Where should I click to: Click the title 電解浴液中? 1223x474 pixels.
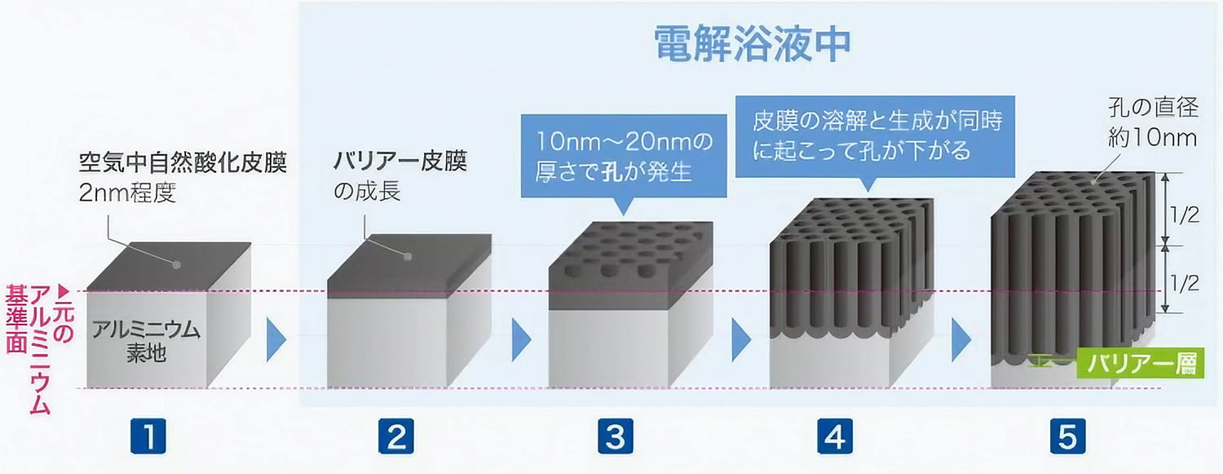pyautogui.click(x=753, y=46)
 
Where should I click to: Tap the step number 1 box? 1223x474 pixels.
pyautogui.click(x=148, y=437)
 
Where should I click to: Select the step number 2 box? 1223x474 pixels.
pyautogui.click(x=395, y=437)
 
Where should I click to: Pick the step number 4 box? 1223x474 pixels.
pyautogui.click(x=833, y=437)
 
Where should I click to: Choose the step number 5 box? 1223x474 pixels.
pyautogui.click(x=1067, y=437)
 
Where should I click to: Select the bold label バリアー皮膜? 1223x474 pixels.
pyautogui.click(x=400, y=162)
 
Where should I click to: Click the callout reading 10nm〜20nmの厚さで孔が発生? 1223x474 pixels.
pyautogui.click(x=624, y=157)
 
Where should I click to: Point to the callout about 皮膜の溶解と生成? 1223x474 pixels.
pyautogui.click(x=876, y=135)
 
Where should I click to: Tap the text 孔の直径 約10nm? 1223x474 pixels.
pyautogui.click(x=1152, y=122)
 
